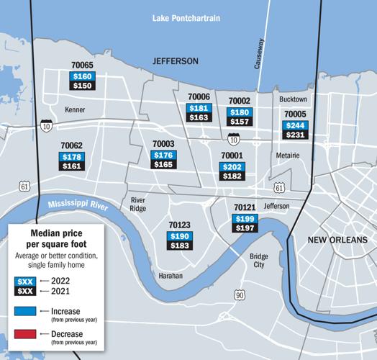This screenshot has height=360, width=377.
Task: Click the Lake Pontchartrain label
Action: tap(188, 17)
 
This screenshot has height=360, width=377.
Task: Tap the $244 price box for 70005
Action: tap(296, 124)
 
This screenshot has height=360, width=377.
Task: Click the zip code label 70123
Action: tap(180, 225)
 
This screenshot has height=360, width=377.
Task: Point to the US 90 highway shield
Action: tap(239, 295)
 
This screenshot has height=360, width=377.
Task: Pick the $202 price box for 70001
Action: tap(232, 166)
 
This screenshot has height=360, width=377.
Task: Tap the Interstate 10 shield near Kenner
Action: tap(46, 126)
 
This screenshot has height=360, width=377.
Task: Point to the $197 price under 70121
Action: tap(246, 228)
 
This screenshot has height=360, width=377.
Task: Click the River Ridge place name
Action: tap(137, 204)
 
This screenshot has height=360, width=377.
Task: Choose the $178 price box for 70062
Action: tap(72, 157)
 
